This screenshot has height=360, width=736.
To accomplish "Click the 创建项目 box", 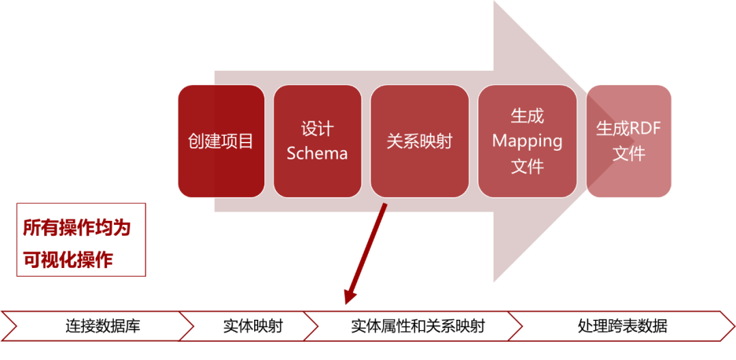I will (221, 141).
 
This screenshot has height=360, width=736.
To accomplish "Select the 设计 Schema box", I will (317, 141).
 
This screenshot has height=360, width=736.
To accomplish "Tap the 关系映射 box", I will (419, 141).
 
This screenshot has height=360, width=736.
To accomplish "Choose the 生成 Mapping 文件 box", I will (527, 141).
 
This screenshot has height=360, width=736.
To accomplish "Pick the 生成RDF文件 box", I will (629, 141).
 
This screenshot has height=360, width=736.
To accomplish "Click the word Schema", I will (317, 153).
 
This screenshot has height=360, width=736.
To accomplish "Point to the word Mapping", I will (527, 141).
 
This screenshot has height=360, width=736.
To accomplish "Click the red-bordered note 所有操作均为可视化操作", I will (81, 239).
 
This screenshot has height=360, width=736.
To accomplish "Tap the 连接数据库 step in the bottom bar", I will (102, 326).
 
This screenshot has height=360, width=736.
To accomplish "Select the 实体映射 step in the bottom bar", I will (252, 326).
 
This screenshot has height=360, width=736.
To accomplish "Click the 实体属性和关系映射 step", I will (417, 326).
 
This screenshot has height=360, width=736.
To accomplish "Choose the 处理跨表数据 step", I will (622, 326).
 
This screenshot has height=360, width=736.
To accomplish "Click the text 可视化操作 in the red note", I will (67, 260).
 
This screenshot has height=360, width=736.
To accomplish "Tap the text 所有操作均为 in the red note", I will (76, 228).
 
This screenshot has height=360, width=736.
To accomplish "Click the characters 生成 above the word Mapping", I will (527, 117).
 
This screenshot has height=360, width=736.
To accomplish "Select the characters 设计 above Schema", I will (317, 129).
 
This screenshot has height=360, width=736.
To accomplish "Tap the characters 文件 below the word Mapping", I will (527, 166).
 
